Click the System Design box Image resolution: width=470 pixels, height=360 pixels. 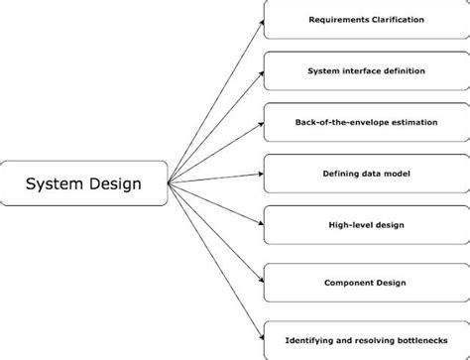coord(84,182)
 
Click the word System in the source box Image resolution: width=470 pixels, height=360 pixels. coord(54,182)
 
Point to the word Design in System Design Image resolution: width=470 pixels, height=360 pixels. coord(114,182)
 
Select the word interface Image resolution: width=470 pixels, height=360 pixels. coord(363,71)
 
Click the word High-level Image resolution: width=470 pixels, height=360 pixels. coord(349,226)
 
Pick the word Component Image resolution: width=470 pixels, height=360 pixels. coord(349,282)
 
